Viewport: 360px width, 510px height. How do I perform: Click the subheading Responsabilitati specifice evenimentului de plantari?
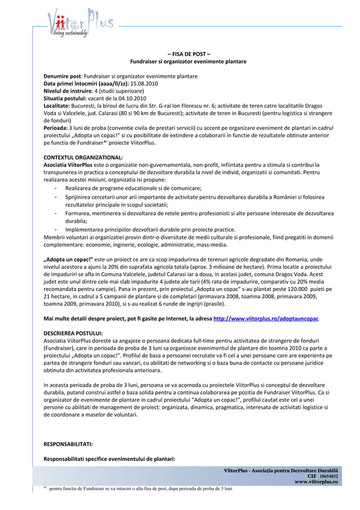[109, 459]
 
